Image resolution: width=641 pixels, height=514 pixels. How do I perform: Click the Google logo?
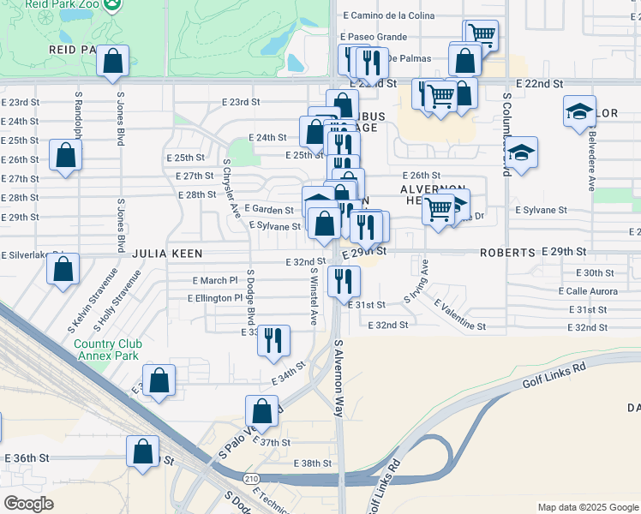(28, 504)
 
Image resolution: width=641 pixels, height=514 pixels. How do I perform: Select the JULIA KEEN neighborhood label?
(167, 254)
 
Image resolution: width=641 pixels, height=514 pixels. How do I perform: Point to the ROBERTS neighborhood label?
(507, 254)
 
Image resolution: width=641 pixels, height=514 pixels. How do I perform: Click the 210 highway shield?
(250, 477)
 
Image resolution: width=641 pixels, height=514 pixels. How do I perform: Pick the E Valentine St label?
(459, 315)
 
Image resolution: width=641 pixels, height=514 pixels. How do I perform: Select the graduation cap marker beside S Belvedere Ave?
(579, 111)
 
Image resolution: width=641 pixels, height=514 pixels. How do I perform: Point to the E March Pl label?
(214, 280)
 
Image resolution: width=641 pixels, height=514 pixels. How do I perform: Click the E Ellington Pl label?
(215, 298)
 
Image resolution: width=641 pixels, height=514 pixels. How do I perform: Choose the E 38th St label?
(312, 463)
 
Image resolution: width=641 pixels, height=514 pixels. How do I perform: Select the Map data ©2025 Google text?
(587, 507)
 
